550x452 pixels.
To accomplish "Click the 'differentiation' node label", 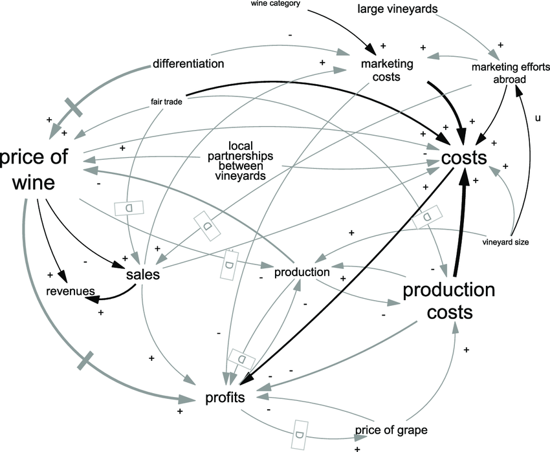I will [188, 63].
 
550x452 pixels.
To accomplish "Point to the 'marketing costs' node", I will [387, 70].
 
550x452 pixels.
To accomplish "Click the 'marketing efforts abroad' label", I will [511, 73].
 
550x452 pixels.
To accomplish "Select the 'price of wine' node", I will [39, 171].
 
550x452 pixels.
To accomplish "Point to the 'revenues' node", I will [70, 292].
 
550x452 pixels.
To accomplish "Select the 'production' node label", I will [302, 272].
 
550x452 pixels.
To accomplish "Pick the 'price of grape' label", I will [391, 430].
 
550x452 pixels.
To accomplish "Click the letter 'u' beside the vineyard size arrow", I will [536, 118].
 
